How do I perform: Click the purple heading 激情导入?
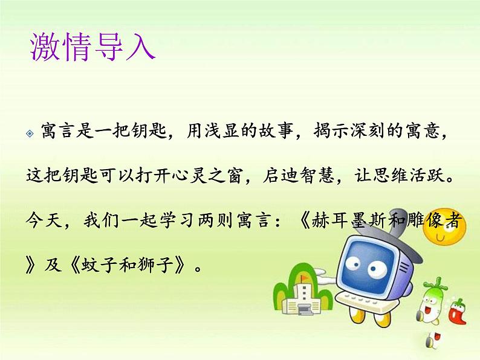[92, 48]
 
